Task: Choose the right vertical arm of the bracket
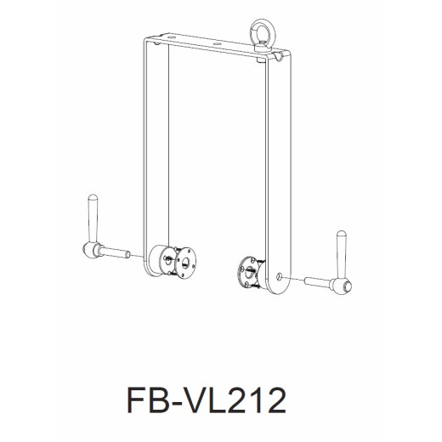pyautogui.click(x=275, y=170)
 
